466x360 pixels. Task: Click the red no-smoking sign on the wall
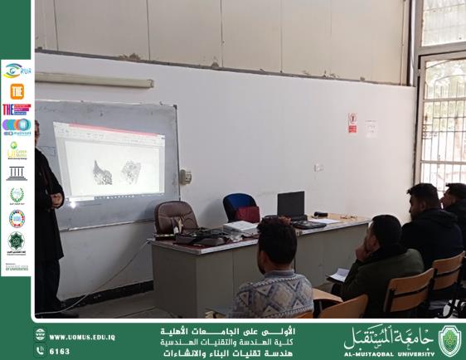tap(352, 123)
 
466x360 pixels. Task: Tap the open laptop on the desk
tap(291, 206)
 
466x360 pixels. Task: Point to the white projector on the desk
tap(240, 226)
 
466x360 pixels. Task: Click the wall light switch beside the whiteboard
tap(186, 177)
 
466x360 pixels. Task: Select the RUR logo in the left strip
tap(16, 70)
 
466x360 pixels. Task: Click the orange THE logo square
tap(17, 90)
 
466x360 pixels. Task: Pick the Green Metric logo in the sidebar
tap(16, 151)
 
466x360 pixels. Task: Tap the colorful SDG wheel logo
tap(17, 218)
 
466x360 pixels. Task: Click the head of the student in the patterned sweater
tap(276, 241)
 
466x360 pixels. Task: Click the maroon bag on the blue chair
tap(248, 213)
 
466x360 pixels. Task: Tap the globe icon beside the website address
tap(40, 336)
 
